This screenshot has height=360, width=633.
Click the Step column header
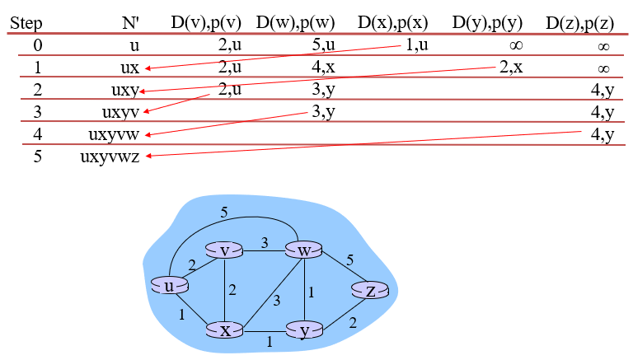pos(26,23)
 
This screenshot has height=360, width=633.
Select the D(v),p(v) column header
pos(206,23)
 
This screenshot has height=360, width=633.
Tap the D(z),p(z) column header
pos(580,23)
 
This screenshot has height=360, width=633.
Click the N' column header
pos(130,23)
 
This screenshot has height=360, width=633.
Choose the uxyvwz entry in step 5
pos(110,157)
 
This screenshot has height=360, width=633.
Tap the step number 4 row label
pos(37,133)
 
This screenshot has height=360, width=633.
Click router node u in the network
pos(170,286)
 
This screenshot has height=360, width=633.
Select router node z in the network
pos(370,290)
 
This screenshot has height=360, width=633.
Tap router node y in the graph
pos(304,330)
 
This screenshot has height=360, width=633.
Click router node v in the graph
pos(224,250)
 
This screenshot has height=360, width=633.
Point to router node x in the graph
pos(225,330)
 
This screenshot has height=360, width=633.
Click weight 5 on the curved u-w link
pos(223,212)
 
